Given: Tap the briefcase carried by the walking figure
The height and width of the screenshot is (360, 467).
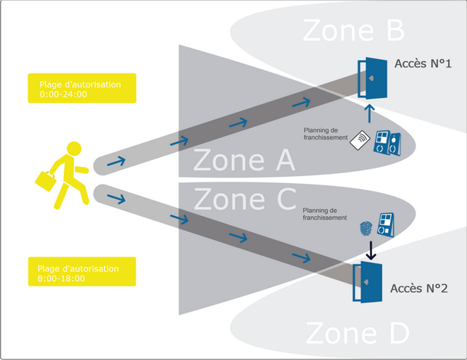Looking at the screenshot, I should [45, 182].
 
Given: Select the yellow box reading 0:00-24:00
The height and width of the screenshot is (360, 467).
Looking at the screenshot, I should [80, 88].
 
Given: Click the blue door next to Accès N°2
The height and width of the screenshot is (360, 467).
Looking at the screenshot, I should [367, 283].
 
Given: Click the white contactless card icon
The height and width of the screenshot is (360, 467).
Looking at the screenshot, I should [360, 141].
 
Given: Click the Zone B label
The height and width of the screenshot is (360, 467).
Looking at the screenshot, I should [353, 30].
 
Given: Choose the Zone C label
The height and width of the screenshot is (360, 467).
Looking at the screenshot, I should [244, 199].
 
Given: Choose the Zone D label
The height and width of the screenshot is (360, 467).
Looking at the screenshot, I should [358, 334].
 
